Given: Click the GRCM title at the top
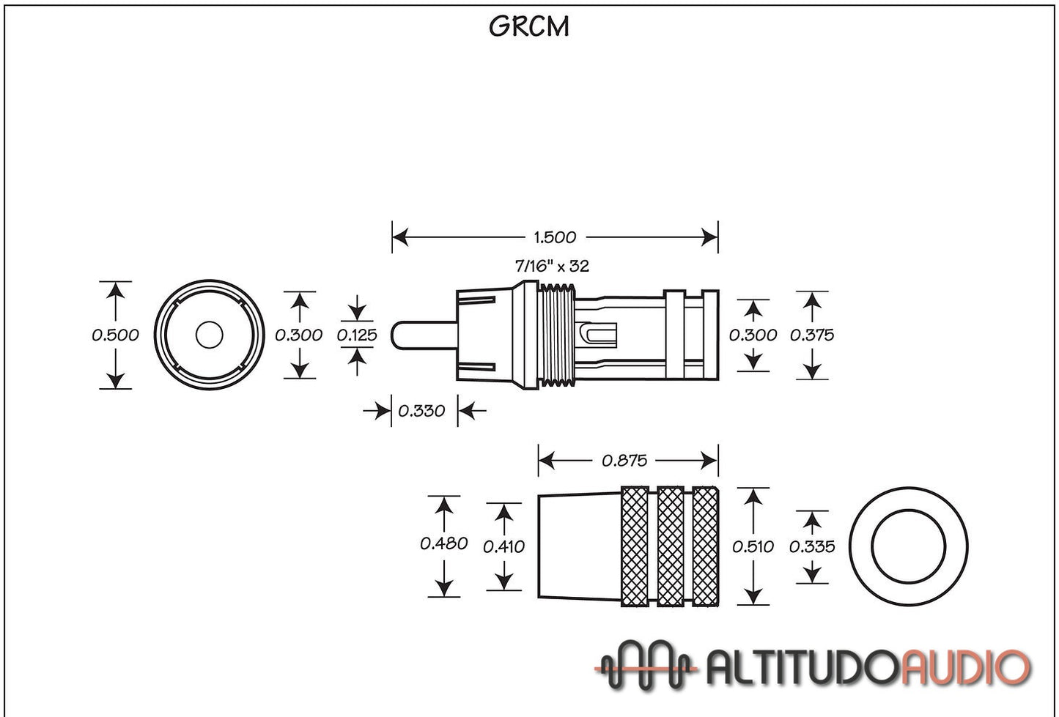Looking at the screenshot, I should (528, 26).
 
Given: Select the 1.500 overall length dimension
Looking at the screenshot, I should (555, 237).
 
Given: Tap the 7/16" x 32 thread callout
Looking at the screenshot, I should (552, 267).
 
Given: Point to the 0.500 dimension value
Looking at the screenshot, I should (115, 335).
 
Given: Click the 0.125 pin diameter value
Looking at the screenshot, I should (357, 335).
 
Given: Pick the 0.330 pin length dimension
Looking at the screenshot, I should (421, 411).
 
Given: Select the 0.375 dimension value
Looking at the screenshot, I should (812, 335).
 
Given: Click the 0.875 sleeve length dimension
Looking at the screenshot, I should (624, 461).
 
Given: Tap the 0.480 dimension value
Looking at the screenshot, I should (443, 543).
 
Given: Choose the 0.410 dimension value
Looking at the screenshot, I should (504, 546).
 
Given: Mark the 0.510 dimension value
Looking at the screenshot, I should (753, 546).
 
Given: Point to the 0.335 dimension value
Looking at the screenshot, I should (812, 546).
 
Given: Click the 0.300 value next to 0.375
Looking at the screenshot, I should (753, 335).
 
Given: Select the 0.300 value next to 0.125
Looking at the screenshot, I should (298, 335).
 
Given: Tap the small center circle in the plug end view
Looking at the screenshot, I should (209, 335).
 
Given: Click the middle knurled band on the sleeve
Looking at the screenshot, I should (671, 546).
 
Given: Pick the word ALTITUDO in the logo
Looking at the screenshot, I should (802, 668).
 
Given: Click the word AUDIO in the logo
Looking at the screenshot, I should (965, 668).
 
